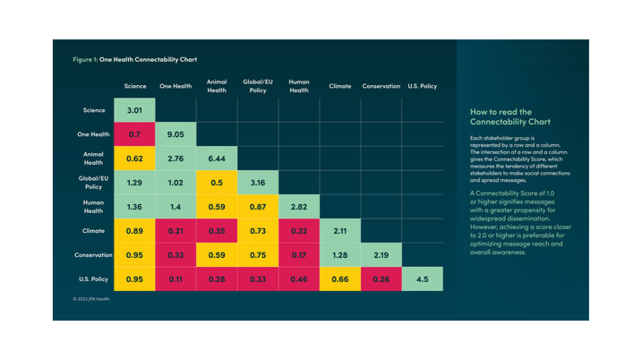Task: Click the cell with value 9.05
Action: click(x=175, y=134)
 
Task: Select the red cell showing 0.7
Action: click(x=134, y=134)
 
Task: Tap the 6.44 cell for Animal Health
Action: click(x=217, y=159)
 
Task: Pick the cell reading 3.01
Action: click(x=134, y=110)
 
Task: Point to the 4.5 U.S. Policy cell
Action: click(x=423, y=279)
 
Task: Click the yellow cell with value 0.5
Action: click(x=217, y=183)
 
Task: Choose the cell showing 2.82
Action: click(x=299, y=207)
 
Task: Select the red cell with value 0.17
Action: click(x=299, y=255)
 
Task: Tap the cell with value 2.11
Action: click(x=340, y=231)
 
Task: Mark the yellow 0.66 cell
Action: click(x=340, y=279)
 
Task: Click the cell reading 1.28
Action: click(x=340, y=255)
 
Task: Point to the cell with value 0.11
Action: click(x=175, y=279)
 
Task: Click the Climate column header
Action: click(x=340, y=86)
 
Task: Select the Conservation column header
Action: click(x=381, y=86)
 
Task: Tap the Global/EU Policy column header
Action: click(x=258, y=86)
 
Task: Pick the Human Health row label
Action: click(x=93, y=207)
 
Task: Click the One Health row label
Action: click(x=93, y=134)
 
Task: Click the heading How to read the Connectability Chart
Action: click(x=510, y=116)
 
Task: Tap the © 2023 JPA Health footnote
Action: click(x=91, y=299)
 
